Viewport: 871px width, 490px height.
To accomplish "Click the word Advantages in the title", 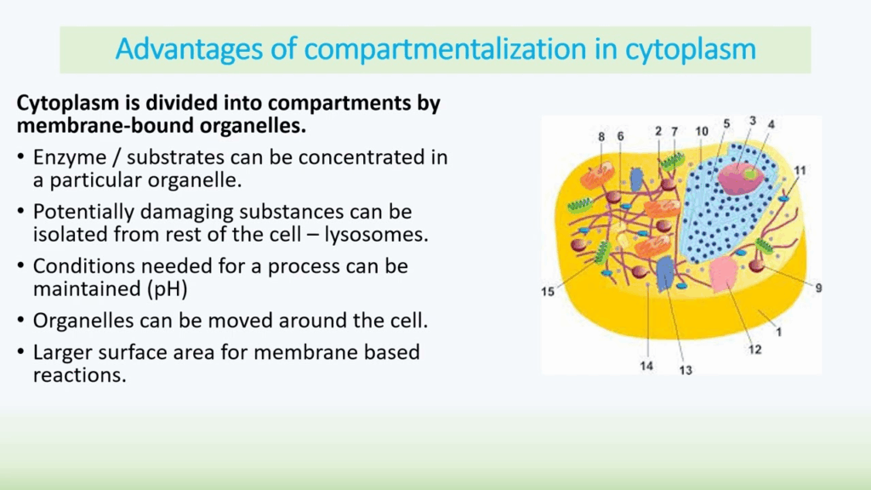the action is coord(190,49).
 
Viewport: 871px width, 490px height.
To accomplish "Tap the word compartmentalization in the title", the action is coord(446,49).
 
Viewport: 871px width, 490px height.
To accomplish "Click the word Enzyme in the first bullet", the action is coord(70,157).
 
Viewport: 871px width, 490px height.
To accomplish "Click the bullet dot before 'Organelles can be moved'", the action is coord(20,321).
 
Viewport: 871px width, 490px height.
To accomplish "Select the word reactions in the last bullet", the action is coord(79,375).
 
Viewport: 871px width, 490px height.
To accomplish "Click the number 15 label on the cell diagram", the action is coord(548,292).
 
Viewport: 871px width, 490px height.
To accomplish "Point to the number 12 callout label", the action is coord(755,350).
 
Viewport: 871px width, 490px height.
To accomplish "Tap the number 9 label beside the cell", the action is coord(819,288).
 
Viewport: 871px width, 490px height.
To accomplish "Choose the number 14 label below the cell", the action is coord(646,366).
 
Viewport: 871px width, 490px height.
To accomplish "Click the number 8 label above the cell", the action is coord(601,137).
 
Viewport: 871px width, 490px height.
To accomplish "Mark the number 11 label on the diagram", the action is coord(800,170).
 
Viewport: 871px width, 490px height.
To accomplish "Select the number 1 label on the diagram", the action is coord(779,332).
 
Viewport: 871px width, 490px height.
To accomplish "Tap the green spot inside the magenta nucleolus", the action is coord(750,174).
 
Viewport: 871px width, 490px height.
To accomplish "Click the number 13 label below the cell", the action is coord(686,370).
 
